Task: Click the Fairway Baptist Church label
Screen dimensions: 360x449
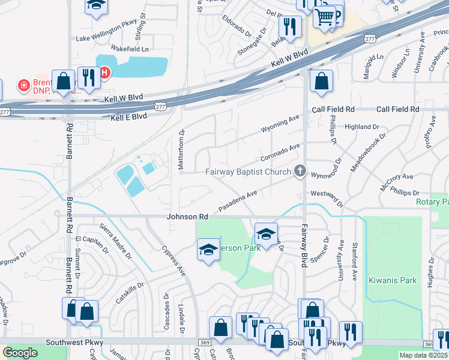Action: [248, 172]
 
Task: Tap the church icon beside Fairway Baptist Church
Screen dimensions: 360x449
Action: [300, 172]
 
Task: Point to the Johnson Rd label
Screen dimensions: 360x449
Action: [187, 216]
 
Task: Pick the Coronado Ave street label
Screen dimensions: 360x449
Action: [280, 152]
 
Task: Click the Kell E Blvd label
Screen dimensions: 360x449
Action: [129, 116]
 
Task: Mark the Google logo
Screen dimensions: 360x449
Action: [20, 353]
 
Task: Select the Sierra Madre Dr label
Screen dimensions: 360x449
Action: [119, 239]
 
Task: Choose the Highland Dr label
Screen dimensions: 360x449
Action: [362, 127]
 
